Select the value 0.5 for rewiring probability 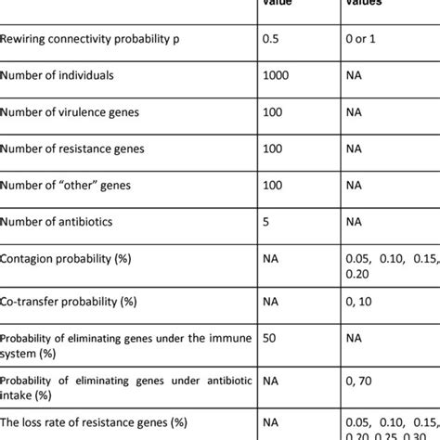pyautogui.click(x=276, y=38)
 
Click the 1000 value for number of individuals pyautogui.click(x=279, y=75)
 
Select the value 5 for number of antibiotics pyautogui.click(x=269, y=223)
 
